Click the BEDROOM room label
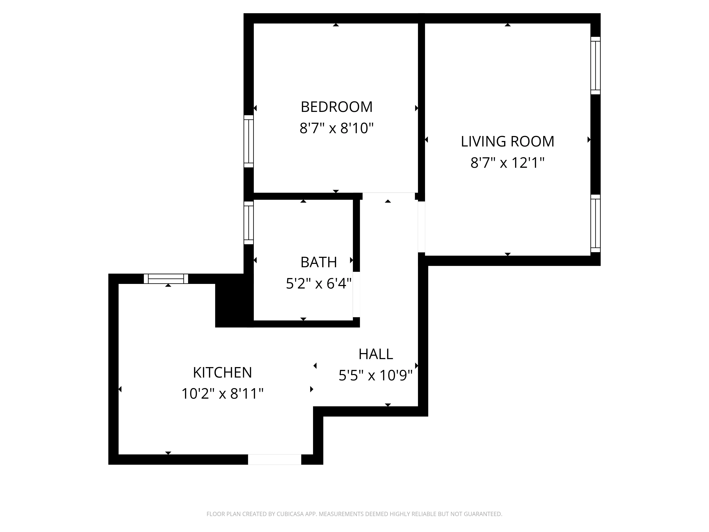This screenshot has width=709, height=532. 337,107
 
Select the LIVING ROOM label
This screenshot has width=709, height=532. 507,141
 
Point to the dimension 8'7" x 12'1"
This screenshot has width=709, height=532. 507,163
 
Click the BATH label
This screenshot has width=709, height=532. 319,262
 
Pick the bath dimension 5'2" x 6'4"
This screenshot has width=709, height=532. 319,284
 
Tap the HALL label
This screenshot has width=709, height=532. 376,354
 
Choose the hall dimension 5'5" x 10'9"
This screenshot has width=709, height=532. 376,375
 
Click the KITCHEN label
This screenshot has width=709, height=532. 222,372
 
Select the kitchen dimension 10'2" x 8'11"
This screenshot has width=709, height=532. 222,394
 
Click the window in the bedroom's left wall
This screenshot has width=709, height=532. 249,141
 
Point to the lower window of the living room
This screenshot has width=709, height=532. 595,223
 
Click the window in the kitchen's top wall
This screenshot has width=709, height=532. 166,279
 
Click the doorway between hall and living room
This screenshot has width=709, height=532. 422,227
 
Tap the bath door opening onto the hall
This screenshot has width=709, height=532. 356,294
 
